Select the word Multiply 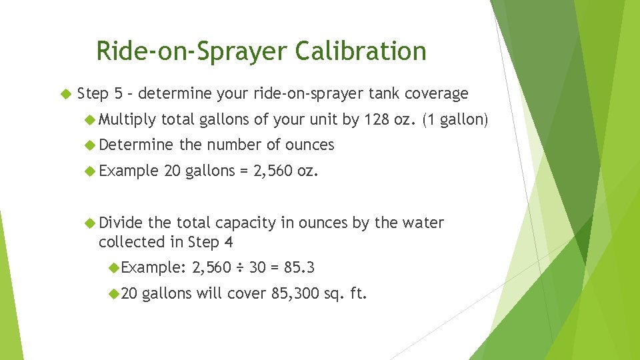(x=127, y=120)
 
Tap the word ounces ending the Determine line (x=309, y=145)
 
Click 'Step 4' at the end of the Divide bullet (x=210, y=241)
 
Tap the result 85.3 (x=299, y=268)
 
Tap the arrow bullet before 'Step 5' (x=65, y=94)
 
